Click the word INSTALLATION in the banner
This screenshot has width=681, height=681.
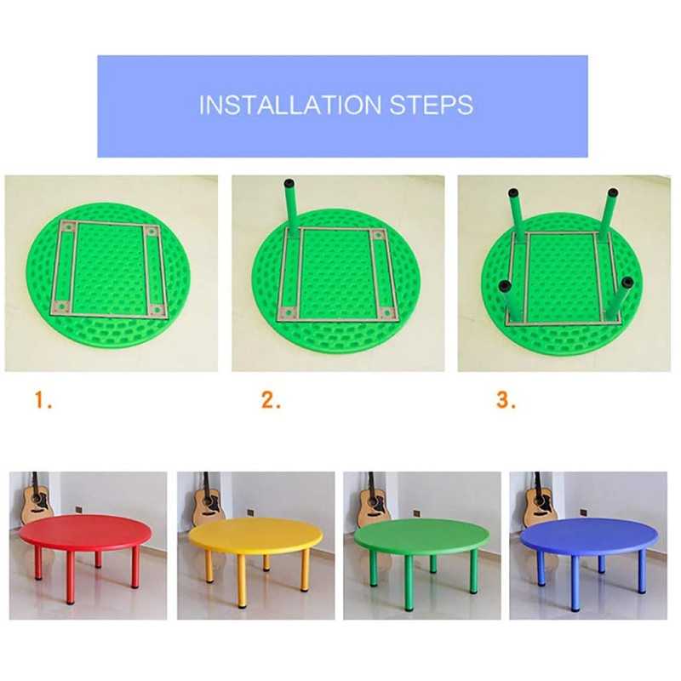pos(290,105)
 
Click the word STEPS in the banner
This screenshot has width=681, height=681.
pos(432,105)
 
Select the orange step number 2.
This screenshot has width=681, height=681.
pos(271,400)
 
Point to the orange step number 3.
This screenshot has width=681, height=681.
pos(506,400)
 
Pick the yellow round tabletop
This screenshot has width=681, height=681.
pos(256,535)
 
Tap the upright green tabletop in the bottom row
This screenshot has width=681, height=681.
pos(421,535)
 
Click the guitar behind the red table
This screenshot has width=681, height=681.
pos(37,497)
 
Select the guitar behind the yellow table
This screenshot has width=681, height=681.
pos(207,498)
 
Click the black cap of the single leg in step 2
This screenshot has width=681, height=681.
pos(289,184)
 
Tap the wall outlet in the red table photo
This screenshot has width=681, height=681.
pos(78,509)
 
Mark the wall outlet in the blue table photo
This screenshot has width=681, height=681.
pos(583,512)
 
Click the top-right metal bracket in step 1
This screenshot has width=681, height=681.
pos(151,232)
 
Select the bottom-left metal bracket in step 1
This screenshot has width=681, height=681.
pos(61,306)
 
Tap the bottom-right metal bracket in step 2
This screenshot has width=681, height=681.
pos(388,312)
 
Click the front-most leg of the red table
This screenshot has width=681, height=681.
pos(70,578)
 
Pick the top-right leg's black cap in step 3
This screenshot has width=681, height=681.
pos(612,193)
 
